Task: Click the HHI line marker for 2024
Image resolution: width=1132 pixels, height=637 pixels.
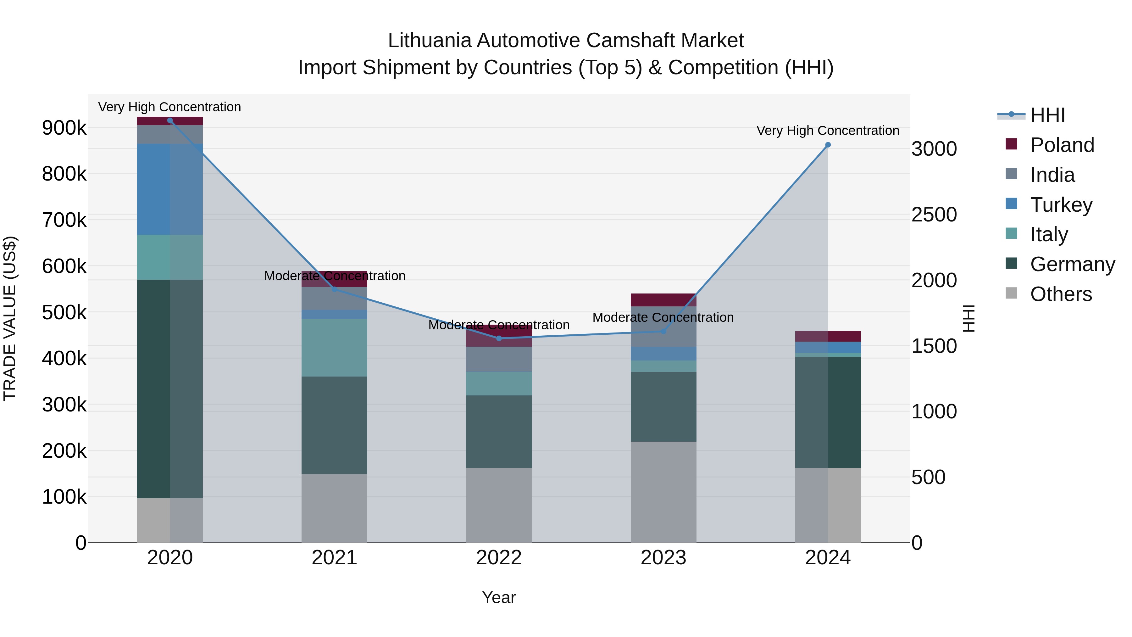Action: pos(828,145)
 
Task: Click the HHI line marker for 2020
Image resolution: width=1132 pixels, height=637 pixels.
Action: pos(170,120)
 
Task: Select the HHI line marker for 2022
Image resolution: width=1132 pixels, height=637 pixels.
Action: pos(499,338)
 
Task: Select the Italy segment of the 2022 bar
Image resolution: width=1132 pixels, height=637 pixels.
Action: pos(499,383)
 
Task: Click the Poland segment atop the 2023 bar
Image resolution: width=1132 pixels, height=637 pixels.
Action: pos(663,300)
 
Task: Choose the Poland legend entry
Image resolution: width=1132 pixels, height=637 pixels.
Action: pos(1062,145)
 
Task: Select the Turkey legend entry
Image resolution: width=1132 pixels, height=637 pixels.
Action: pos(1061,205)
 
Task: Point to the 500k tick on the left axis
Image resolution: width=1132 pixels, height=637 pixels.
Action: pos(64,313)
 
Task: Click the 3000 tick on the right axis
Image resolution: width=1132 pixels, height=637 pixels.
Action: pos(934,149)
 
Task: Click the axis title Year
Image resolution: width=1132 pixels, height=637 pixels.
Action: pos(499,597)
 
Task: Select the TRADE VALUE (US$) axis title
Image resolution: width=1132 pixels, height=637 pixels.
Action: pos(10,318)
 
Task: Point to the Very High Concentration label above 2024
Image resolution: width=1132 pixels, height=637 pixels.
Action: pos(828,131)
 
